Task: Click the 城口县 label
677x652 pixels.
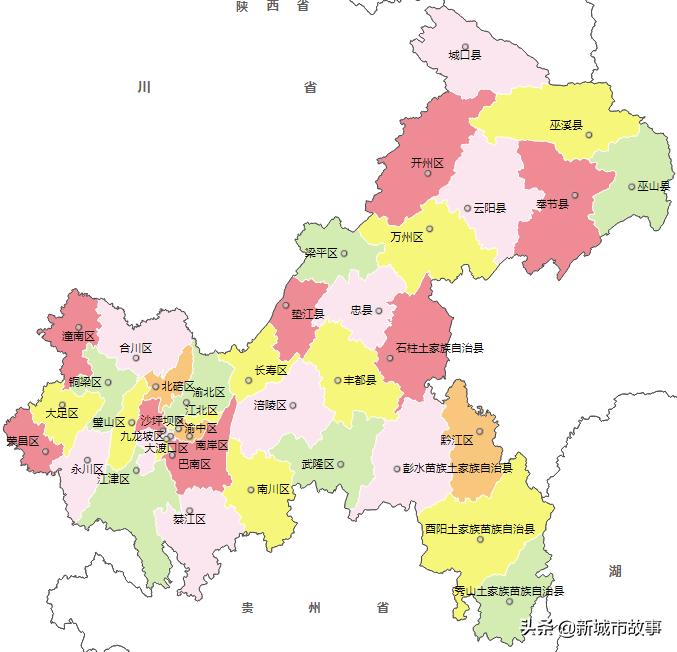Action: [x=465, y=56]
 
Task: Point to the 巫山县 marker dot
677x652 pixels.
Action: [x=631, y=186]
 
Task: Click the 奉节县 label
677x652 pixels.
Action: [x=552, y=204]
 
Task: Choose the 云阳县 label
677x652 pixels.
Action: [x=489, y=208]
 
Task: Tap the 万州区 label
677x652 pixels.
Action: [x=407, y=238]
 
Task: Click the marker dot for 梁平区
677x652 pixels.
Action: [x=344, y=254]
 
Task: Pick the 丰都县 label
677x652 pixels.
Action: [x=360, y=380]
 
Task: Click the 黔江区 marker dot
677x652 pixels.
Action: [x=480, y=432]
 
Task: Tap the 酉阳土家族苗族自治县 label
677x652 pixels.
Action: [x=480, y=528]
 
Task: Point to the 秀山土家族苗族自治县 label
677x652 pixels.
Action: [x=509, y=591]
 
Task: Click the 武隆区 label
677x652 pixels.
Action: [x=318, y=464]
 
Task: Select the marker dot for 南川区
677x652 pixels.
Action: [x=251, y=490]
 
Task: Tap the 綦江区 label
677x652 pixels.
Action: [x=189, y=520]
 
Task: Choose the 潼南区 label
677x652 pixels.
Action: [x=77, y=337]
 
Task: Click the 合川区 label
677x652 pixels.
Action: [x=135, y=348]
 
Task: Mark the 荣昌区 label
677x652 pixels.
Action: [x=22, y=440]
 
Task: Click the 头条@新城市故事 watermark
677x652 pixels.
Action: [x=590, y=627]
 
